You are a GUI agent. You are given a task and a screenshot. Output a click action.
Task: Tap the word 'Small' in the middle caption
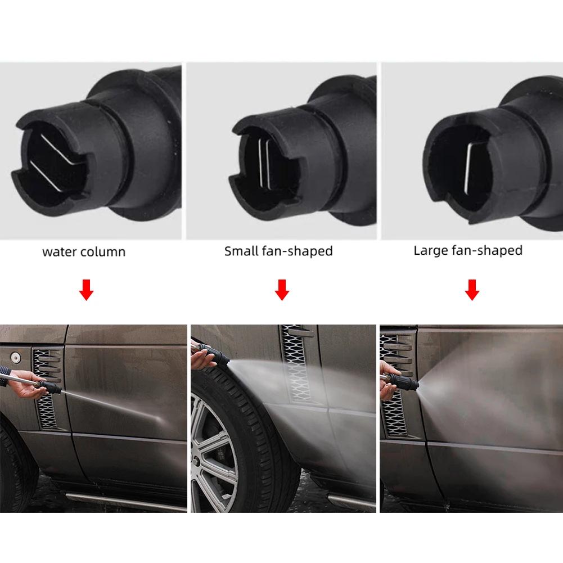[x=242, y=251]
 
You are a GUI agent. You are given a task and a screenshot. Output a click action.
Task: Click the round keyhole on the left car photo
[x=13, y=357]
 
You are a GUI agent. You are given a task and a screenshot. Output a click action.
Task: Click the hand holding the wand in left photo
[x=25, y=388]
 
